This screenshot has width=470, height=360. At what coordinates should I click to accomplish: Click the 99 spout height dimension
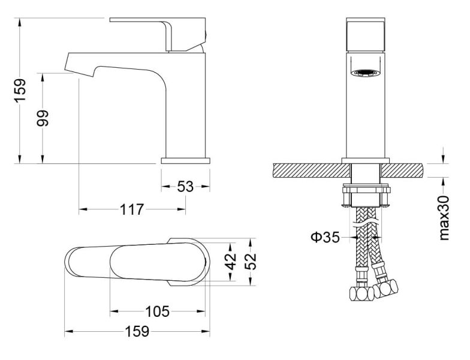click(42, 118)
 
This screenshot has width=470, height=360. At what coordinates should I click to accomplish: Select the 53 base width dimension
click(186, 186)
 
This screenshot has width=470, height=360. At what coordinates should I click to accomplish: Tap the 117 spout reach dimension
click(132, 209)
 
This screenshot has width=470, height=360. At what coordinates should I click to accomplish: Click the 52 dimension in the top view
click(251, 262)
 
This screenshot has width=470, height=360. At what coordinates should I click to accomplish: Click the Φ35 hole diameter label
click(326, 238)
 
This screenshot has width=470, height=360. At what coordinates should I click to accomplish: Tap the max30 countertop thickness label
click(444, 218)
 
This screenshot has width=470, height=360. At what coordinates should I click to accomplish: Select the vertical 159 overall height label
click(20, 90)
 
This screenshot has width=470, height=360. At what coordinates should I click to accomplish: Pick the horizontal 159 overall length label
click(137, 331)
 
